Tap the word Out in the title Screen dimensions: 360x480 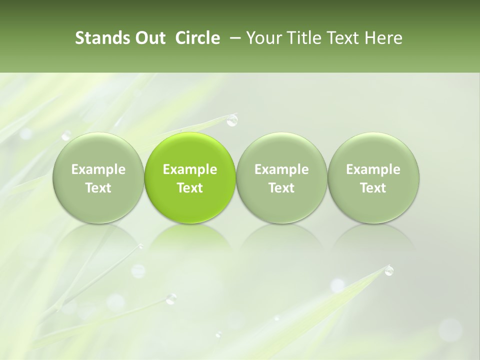[x=148, y=38]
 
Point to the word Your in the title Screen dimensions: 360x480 [x=263, y=38]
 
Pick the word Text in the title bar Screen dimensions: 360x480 [x=340, y=38]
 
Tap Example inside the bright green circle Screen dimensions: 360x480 [x=190, y=169]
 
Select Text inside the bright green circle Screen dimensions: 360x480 [x=190, y=188]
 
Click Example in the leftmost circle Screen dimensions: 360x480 [x=98, y=169]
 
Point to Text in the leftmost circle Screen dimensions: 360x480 [x=98, y=188]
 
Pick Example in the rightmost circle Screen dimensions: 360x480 [x=373, y=169]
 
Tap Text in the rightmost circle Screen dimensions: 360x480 [x=373, y=188]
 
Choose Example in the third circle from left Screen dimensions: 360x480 [x=281, y=169]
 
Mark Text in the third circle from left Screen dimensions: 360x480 [x=281, y=188]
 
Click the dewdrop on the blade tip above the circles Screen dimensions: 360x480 [x=231, y=120]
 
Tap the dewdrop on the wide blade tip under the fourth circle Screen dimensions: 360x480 [x=388, y=270]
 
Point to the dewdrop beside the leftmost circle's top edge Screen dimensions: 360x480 [x=66, y=135]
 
